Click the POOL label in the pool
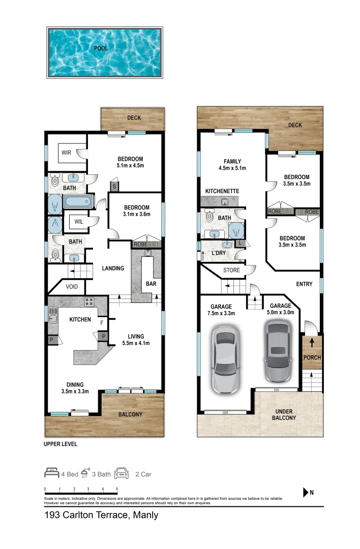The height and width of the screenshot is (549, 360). (x=101, y=49)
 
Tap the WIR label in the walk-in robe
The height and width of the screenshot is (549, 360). (x=67, y=152)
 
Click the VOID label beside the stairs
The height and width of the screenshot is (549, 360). (x=72, y=287)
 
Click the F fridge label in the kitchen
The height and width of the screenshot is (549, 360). (x=102, y=322)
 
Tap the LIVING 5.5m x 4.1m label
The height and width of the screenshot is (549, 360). (x=136, y=340)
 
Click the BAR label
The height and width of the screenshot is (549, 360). (x=151, y=284)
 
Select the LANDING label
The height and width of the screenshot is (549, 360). (x=113, y=268)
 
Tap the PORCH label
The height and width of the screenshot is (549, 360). (x=312, y=357)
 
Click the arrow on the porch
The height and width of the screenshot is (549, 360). (x=312, y=341)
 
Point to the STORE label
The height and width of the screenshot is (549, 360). (x=231, y=270)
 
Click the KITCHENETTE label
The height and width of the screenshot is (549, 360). (x=222, y=191)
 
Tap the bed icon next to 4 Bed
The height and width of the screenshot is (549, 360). (x=52, y=474)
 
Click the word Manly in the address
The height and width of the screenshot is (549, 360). (x=146, y=515)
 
